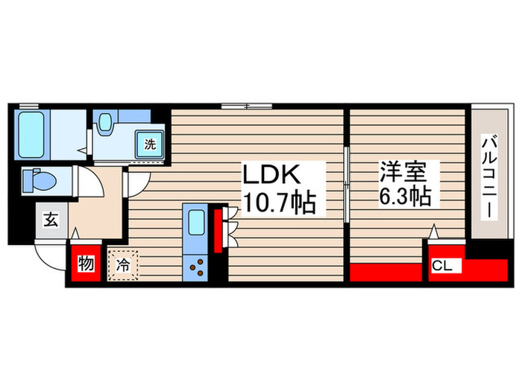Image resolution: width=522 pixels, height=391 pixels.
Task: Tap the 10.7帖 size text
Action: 276,202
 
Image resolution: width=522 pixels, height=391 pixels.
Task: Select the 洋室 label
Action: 403,173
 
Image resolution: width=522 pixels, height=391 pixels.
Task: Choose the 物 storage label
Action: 87,265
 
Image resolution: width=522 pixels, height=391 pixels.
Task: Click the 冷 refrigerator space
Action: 122,263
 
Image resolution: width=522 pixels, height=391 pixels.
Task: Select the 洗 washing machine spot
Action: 150,145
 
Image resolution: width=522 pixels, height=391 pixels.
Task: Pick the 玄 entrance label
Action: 51,220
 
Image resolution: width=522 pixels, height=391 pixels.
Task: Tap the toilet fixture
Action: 37,179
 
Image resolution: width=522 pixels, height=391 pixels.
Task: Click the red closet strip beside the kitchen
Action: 218,232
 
